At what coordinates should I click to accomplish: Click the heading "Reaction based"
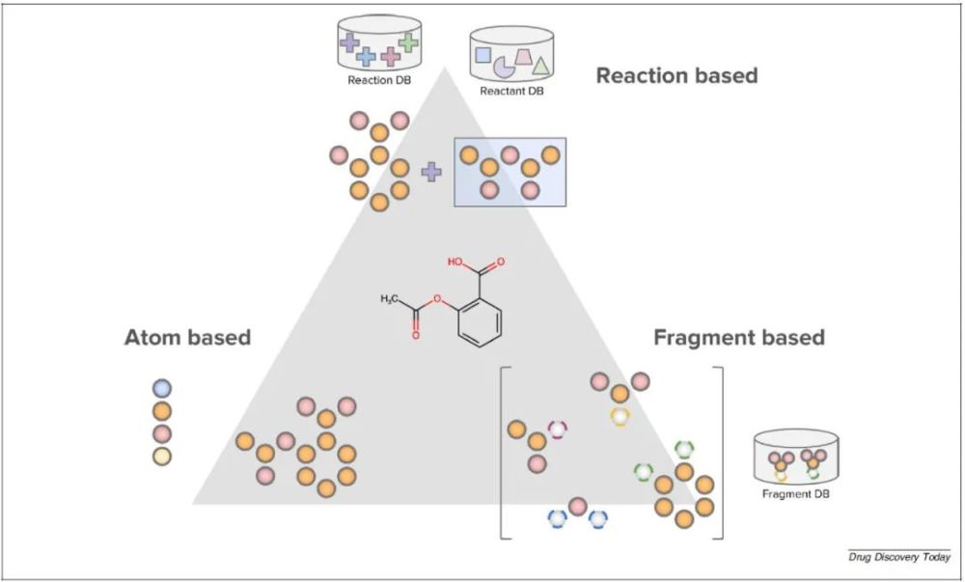tap(676, 75)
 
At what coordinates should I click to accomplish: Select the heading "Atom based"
tap(187, 337)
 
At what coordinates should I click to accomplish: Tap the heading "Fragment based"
tap(739, 337)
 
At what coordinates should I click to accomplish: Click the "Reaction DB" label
tap(378, 80)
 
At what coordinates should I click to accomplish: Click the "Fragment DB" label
tap(795, 493)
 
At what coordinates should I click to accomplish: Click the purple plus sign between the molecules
tap(431, 172)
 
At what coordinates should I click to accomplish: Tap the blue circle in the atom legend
tap(162, 388)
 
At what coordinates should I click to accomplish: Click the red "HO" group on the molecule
tap(456, 262)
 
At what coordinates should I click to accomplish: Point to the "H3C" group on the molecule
tap(391, 300)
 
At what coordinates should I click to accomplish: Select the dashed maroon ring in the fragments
tap(558, 429)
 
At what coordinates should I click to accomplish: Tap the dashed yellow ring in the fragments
tap(620, 416)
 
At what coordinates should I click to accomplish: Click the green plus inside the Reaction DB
tap(408, 42)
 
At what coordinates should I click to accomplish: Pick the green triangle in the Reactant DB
tap(541, 67)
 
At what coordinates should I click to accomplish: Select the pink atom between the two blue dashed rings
tap(577, 506)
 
